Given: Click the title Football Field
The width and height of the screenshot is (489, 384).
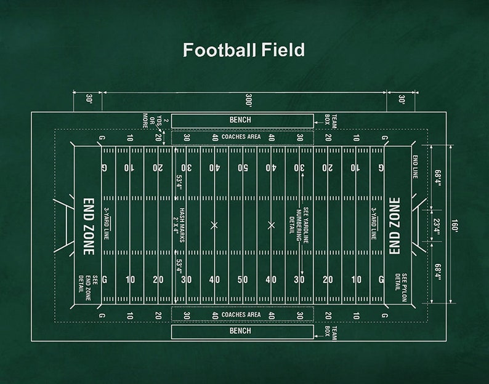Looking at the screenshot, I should (244, 50).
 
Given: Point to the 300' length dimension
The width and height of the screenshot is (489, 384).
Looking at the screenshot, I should (248, 100).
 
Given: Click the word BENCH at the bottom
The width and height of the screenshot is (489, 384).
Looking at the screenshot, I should (240, 331).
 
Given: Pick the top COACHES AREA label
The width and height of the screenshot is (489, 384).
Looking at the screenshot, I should (241, 137).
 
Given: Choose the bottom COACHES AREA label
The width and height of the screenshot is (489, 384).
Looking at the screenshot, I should (241, 314).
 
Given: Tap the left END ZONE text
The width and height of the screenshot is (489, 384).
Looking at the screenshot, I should (89, 226).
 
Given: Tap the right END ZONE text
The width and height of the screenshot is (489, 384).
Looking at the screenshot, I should (395, 226).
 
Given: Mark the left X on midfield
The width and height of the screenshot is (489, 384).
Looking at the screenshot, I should (214, 225).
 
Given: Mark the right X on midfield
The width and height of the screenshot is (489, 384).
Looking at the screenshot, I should (271, 225).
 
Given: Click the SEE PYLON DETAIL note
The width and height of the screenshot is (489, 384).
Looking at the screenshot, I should (401, 287).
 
